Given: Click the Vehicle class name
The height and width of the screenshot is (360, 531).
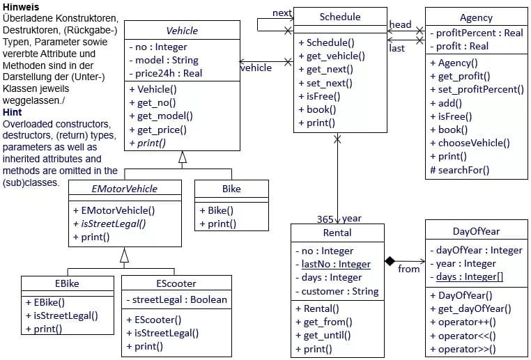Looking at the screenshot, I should coord(182,31).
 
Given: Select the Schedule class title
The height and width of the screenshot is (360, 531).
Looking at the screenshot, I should coord(340,17).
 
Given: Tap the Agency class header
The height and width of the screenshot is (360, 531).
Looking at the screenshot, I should coord(476,17).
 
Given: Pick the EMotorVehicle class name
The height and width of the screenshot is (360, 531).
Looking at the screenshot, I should coord(125,189).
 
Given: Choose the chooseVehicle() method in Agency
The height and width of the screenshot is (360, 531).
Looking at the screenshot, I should coord(474,143).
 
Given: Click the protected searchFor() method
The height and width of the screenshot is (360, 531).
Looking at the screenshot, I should coord(460,169).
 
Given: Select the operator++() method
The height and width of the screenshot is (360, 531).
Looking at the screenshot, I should coord(466,322).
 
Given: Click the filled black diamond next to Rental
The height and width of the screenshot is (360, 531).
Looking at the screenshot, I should coord(390,260).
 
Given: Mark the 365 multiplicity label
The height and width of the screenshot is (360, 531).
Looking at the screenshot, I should coord(324,219).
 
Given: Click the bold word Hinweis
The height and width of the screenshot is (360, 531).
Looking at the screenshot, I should coord(21,6).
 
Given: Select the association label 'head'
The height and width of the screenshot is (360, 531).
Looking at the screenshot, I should coord(400,24).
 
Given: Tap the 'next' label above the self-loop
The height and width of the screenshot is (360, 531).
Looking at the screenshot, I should coord(282,13).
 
